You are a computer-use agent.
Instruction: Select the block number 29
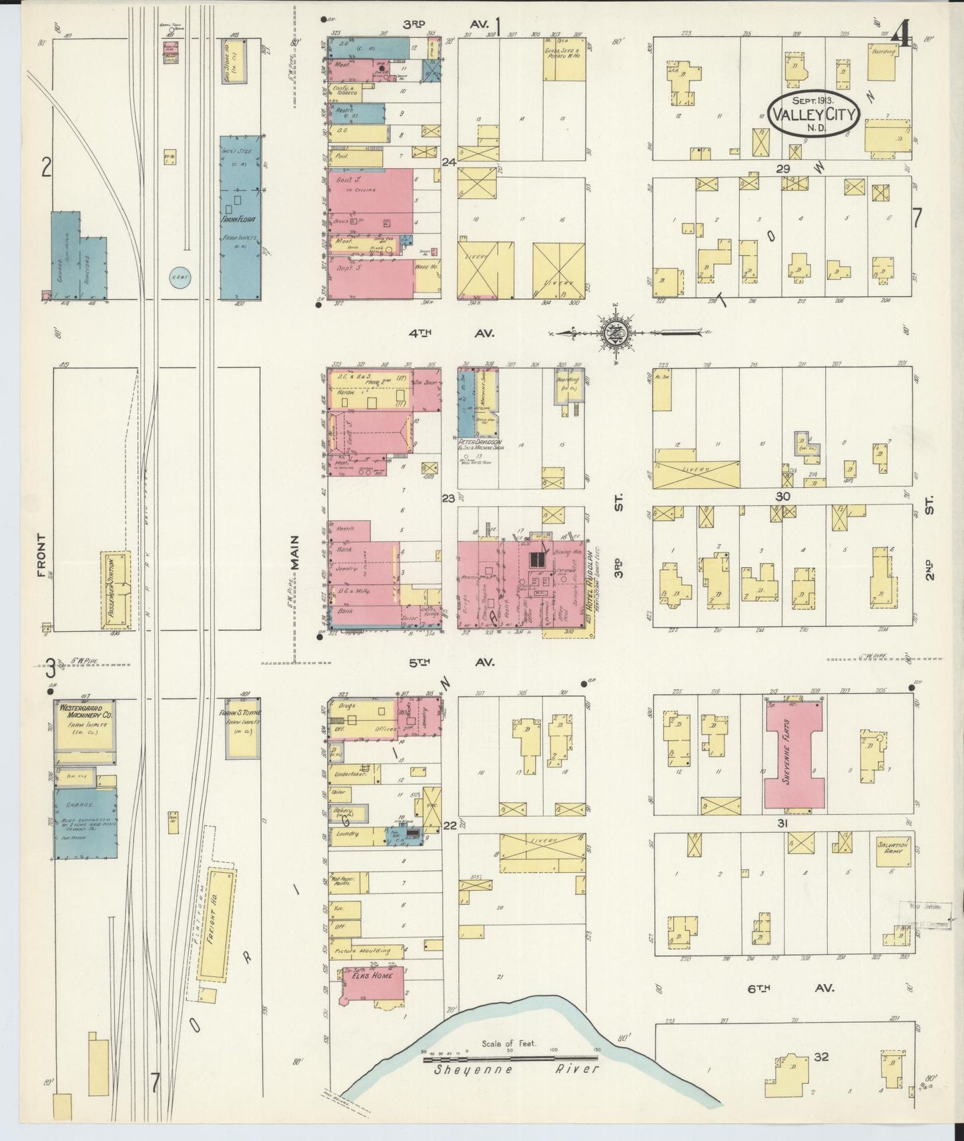click(783, 169)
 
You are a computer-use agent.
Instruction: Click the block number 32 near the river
click(821, 1058)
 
